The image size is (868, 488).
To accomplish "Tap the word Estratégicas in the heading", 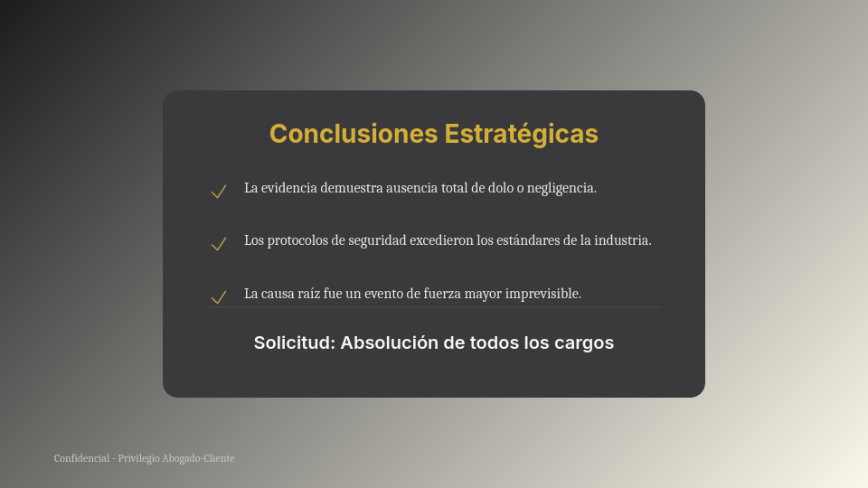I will point(521,134).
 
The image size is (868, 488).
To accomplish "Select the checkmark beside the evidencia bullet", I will point(218,192).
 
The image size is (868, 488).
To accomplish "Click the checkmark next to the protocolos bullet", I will point(218,244).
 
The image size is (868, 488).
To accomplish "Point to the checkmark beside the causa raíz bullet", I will point(218,297).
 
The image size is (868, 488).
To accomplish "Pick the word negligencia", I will point(561,188).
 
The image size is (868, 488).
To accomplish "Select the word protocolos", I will point(298,240).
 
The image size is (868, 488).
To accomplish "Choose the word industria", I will point(622,240).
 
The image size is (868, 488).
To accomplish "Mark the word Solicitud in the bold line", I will point(294,343).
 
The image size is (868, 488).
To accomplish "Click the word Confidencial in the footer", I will point(81,458).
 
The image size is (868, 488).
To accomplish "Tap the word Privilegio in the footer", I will point(138,458).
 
